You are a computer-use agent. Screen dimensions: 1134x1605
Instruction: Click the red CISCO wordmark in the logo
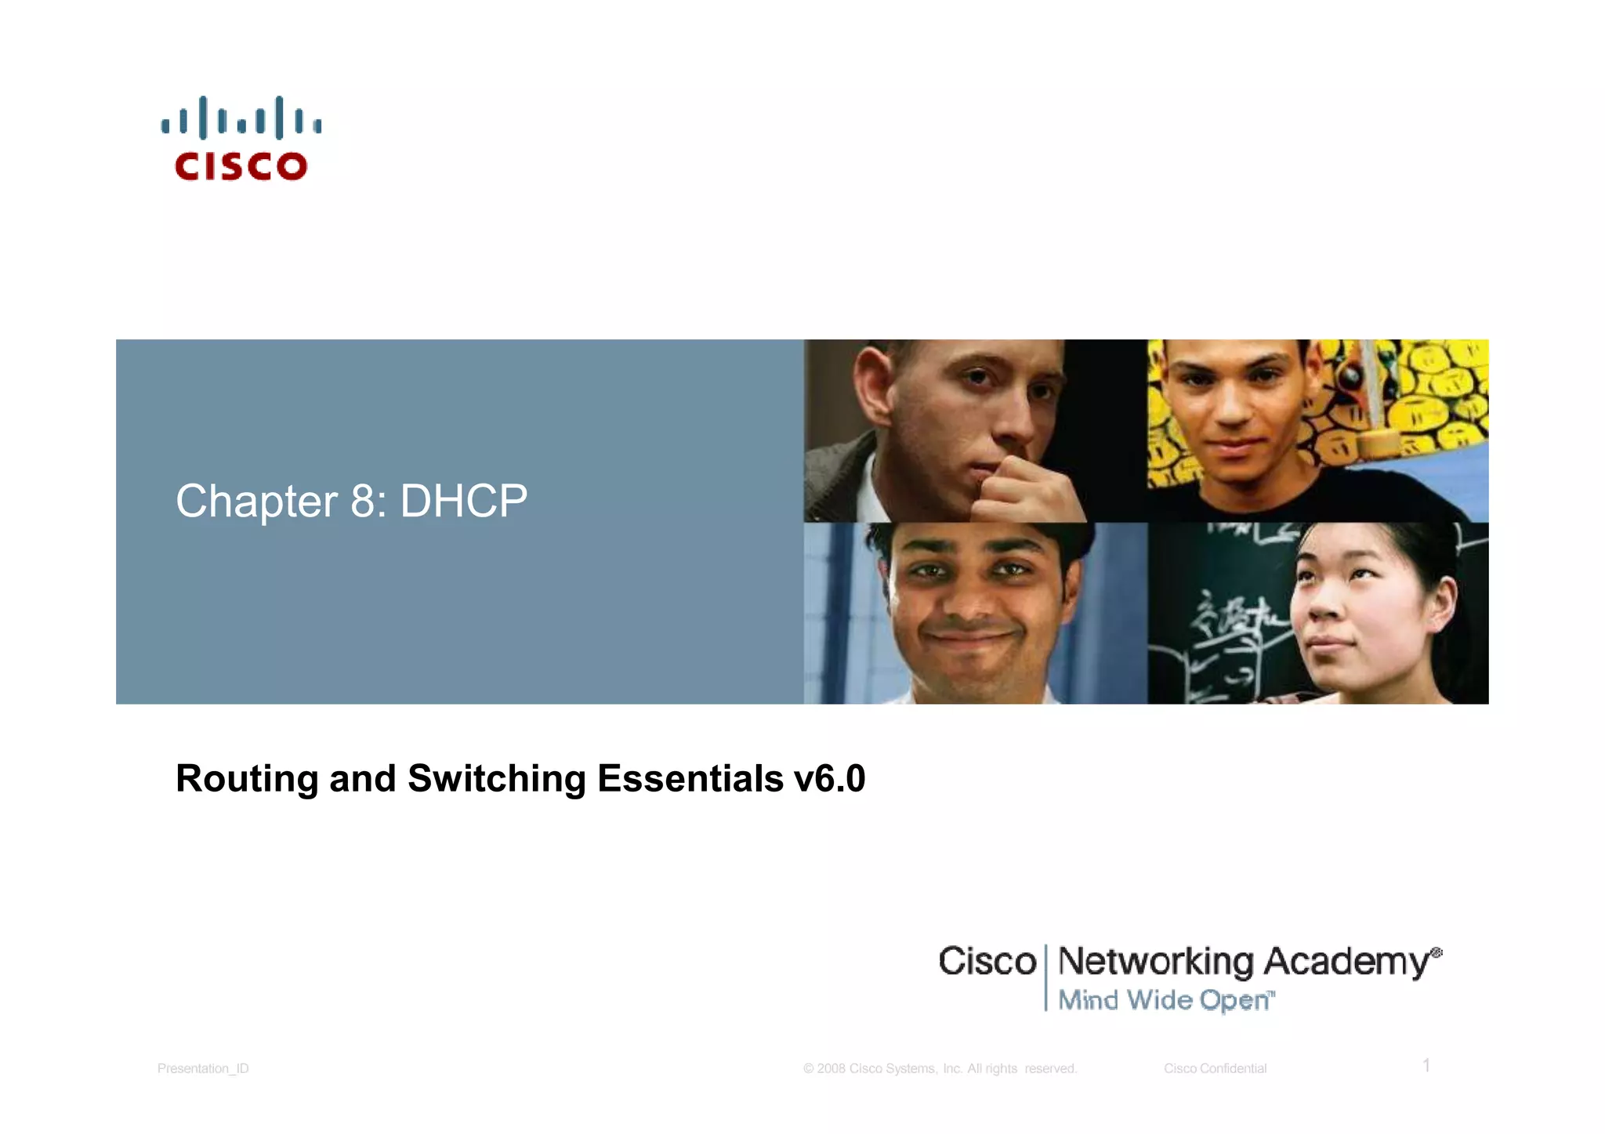[241, 166]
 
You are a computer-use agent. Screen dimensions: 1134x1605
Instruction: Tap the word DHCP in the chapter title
[464, 501]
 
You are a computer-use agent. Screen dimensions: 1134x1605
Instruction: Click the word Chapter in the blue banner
[256, 502]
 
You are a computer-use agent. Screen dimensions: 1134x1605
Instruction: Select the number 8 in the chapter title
[363, 502]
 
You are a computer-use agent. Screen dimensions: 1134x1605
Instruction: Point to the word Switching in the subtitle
[497, 778]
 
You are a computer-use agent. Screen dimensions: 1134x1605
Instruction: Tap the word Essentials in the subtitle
[690, 778]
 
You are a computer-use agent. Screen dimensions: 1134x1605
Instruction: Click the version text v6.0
[829, 778]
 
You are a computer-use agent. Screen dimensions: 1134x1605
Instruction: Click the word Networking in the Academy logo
[1156, 962]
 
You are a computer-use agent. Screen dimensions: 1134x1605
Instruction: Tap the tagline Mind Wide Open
[1165, 1000]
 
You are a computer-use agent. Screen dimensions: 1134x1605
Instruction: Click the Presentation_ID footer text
[203, 1068]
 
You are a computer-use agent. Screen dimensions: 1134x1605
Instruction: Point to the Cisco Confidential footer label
[1215, 1068]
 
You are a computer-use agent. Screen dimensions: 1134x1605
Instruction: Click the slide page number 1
[1426, 1066]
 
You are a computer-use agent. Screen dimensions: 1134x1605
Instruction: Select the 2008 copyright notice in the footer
[940, 1068]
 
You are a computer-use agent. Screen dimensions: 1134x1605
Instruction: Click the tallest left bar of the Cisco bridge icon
[203, 118]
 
